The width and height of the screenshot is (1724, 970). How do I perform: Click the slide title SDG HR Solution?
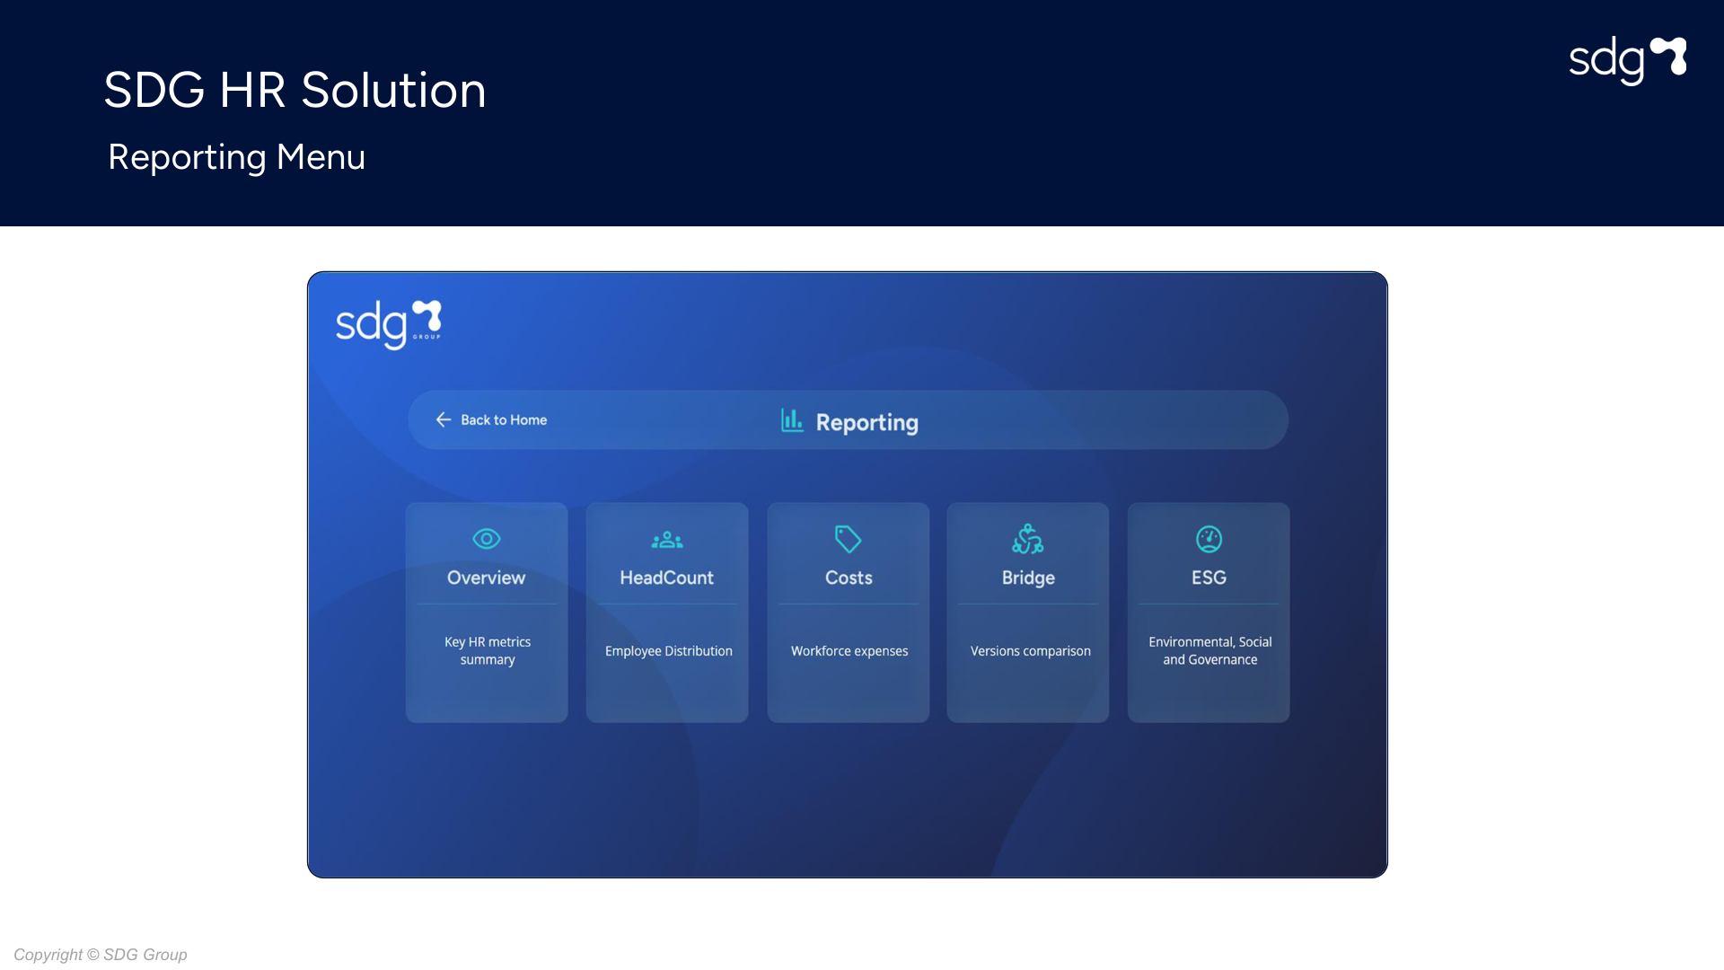coord(295,91)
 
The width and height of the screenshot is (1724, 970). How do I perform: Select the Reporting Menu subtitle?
coord(236,157)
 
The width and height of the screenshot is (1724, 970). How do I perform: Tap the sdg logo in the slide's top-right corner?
coord(1627,60)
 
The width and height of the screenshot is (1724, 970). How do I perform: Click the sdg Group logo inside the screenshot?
coord(389,324)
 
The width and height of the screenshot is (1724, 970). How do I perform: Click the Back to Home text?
coord(504,420)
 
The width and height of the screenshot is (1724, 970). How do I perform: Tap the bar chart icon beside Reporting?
coord(792,420)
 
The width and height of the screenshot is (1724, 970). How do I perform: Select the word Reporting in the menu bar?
coord(867,422)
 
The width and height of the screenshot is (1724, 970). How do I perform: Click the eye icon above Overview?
coord(487,539)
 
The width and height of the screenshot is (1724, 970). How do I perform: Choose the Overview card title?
coord(487,578)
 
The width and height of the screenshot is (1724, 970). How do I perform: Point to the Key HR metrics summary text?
coord(488,651)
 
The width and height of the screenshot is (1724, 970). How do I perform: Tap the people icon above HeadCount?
coord(667,540)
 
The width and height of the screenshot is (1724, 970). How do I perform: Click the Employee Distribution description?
coord(669,651)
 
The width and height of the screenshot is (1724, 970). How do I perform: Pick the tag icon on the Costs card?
coord(848,539)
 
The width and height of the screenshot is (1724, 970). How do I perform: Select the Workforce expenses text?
coord(849,651)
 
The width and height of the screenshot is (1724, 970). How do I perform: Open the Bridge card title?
coord(1028,578)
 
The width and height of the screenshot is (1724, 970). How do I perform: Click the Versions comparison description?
coord(1031,651)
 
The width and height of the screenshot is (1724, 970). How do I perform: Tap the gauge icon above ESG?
coord(1209,539)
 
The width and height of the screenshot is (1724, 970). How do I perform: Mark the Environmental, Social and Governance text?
coord(1210,651)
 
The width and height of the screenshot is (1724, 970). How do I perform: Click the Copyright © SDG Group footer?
coord(101,955)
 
